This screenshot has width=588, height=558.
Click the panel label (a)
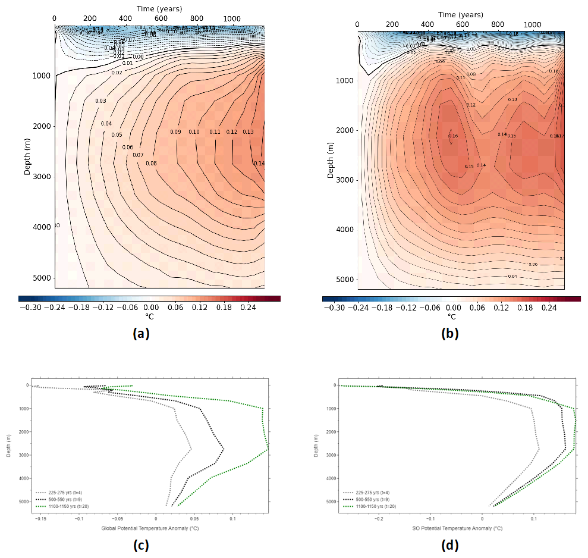pos(140,333)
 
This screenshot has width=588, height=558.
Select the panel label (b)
pos(449,334)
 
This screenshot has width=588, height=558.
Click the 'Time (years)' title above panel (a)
pos(159,8)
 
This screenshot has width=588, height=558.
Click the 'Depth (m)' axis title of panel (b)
pos(331,158)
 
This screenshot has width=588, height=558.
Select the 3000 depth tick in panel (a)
pos(41,177)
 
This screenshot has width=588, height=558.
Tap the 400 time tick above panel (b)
pos(427,24)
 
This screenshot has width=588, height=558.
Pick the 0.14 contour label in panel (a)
pos(259,164)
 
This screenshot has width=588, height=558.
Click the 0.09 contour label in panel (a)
pos(175,132)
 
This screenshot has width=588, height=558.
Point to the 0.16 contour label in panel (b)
pos(453,136)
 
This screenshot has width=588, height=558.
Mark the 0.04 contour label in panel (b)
pos(512,277)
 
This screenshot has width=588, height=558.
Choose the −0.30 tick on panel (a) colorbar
pos(30,308)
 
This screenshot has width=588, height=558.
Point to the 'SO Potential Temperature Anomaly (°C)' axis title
pos(458,528)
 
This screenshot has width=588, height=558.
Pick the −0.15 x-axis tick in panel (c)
pos(40,518)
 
